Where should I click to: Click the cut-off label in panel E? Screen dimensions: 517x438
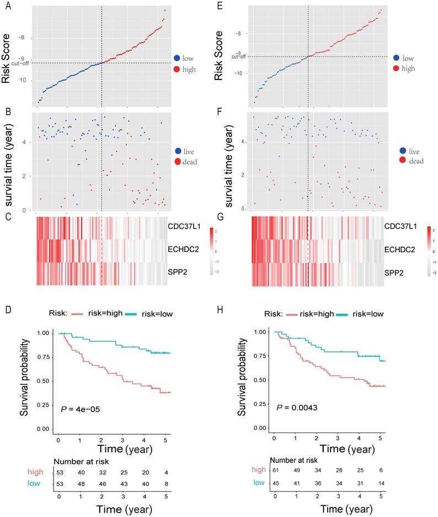[239, 56]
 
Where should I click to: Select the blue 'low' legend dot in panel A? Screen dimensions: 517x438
[177, 57]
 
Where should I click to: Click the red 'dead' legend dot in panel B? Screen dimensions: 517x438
[177, 162]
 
